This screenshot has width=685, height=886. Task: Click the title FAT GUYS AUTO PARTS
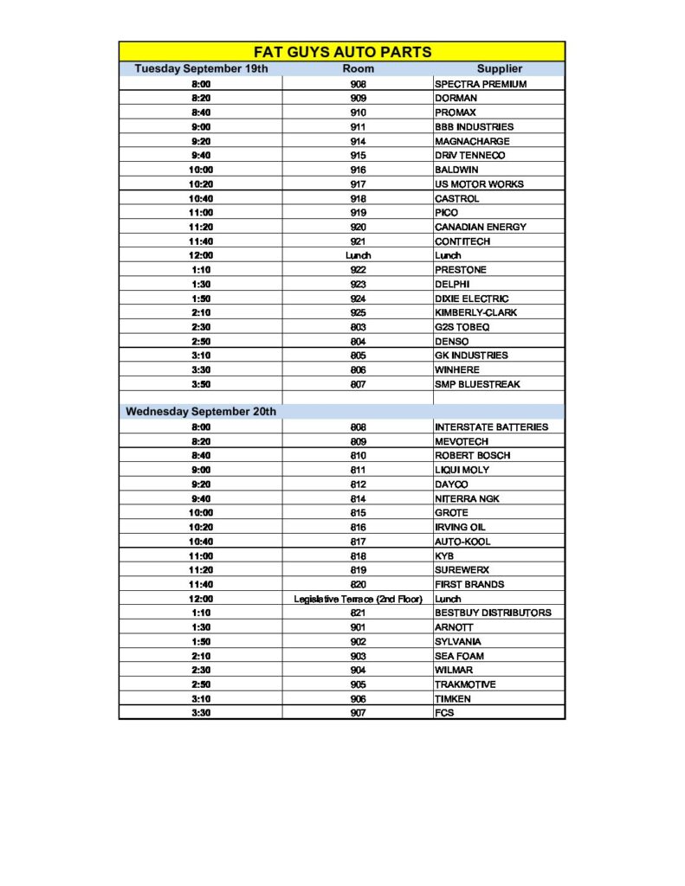tap(342, 51)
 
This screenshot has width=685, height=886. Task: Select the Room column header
tap(358, 68)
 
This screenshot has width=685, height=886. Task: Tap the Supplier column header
tap(499, 68)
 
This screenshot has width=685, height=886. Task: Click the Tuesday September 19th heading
tap(201, 68)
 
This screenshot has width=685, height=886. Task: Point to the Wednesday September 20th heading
tap(201, 412)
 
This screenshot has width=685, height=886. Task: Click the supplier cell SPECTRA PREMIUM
tap(481, 84)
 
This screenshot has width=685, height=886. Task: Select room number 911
tap(358, 127)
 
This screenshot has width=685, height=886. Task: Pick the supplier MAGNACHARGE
tap(472, 141)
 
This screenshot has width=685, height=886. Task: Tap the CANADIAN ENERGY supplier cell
tap(480, 227)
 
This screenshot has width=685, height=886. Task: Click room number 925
tap(358, 312)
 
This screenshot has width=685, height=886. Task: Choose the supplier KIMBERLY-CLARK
tap(475, 312)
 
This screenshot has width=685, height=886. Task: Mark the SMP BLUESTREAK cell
tap(477, 384)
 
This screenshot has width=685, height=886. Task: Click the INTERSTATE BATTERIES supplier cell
tap(492, 427)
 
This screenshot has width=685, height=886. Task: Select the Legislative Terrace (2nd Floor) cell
tap(358, 599)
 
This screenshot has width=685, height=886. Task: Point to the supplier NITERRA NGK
tap(467, 498)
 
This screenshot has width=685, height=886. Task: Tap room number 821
tap(358, 613)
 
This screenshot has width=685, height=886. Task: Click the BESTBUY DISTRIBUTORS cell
tap(493, 613)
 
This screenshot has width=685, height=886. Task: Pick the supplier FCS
tap(444, 713)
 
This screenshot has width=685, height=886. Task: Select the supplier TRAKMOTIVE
tap(466, 684)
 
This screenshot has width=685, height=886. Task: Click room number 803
tap(358, 327)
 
